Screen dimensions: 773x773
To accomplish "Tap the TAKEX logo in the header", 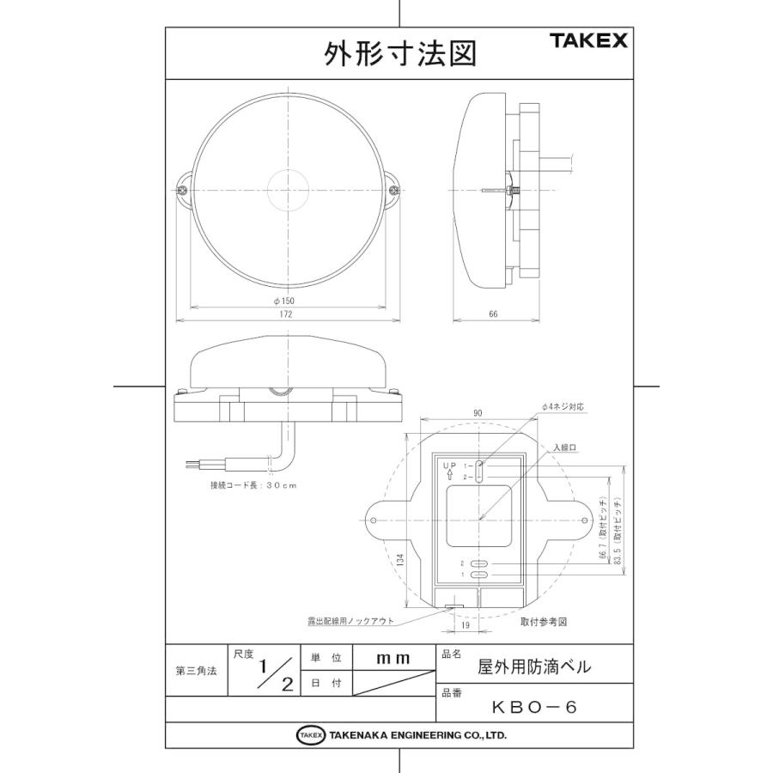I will click(x=589, y=40).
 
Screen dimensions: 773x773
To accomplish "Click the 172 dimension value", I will click(x=285, y=314).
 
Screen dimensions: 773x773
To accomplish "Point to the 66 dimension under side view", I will click(x=493, y=314).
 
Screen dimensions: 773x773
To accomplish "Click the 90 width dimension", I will click(x=478, y=413).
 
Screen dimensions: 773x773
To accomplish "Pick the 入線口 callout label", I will click(x=564, y=447).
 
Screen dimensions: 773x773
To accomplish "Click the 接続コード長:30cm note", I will click(x=253, y=485).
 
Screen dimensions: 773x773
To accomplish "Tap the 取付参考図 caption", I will click(x=545, y=619).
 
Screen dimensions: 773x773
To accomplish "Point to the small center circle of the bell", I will click(x=287, y=190).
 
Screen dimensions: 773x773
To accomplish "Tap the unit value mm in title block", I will click(x=393, y=658).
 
